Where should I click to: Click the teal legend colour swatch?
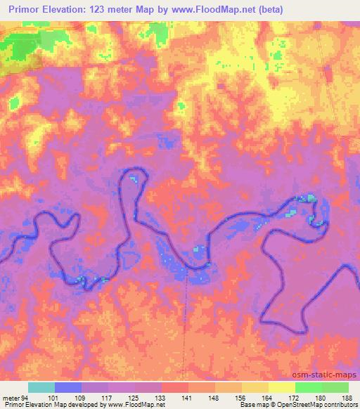click(41, 387)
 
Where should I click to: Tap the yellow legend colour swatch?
click(281, 387)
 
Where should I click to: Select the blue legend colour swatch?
click(68, 387)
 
